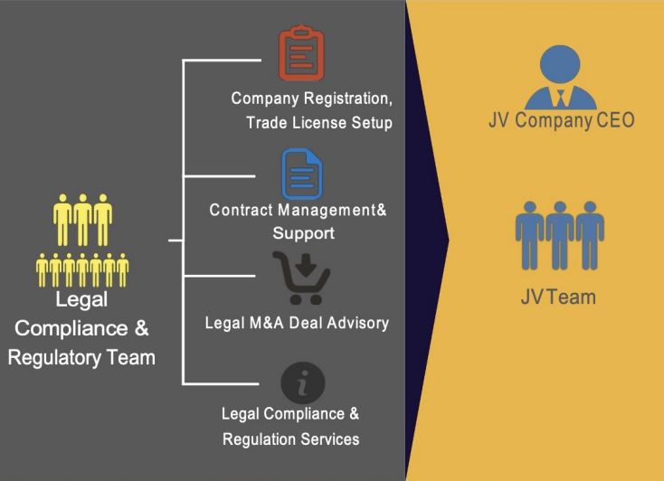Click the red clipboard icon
[302, 56]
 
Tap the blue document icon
[302, 174]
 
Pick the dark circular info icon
[302, 382]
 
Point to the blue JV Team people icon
[559, 235]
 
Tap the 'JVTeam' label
[558, 297]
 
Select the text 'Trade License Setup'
[318, 123]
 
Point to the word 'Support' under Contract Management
[303, 232]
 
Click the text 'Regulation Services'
[291, 439]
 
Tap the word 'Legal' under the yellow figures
[81, 299]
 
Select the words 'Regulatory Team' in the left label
[81, 357]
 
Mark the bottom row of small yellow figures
[82, 268]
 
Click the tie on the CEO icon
[562, 96]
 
